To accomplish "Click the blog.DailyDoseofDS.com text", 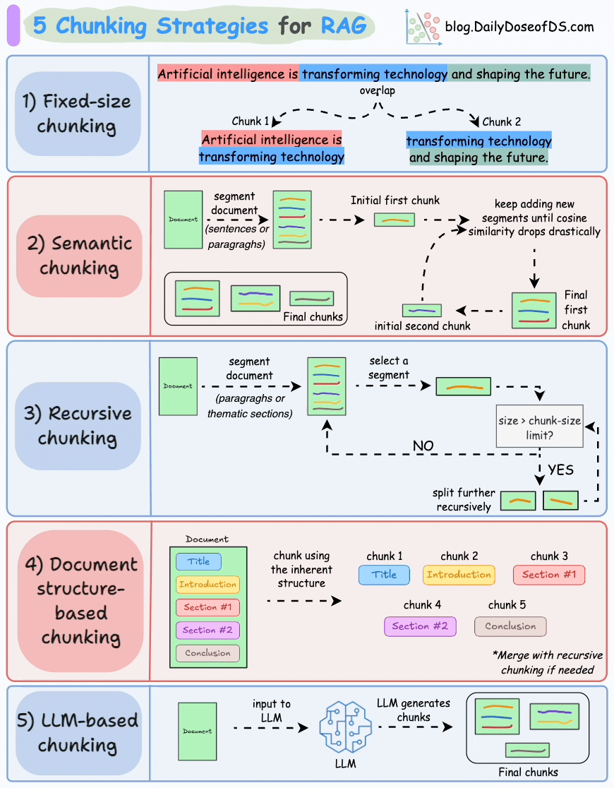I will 519,28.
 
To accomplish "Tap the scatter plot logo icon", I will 423,28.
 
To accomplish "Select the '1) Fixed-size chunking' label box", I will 78,114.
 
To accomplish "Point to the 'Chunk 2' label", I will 502,121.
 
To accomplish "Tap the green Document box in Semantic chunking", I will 183,220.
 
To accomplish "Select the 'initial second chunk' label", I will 422,326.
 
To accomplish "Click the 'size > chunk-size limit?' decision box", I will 540,427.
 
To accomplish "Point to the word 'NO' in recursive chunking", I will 423,446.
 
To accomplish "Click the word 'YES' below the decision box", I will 560,470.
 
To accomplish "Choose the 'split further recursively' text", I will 464,500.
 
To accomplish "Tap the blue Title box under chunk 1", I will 384,575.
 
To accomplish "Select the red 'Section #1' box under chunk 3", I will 549,575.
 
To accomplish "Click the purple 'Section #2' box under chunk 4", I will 420,626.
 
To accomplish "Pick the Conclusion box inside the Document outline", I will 207,653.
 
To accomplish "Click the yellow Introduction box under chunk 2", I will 459,575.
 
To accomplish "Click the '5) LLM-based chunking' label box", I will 78,733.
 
